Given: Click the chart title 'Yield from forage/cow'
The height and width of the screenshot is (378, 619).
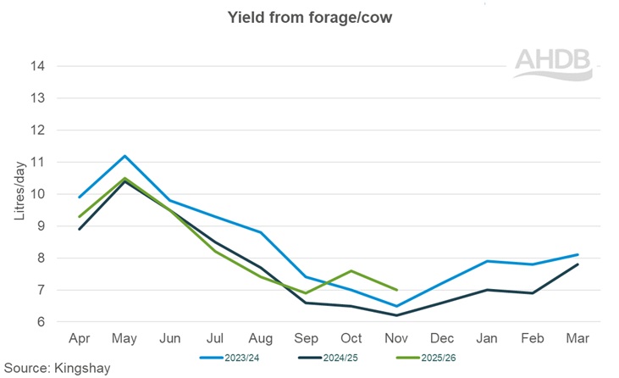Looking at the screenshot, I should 309,17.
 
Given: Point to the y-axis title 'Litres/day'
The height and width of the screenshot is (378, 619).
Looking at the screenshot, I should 19,193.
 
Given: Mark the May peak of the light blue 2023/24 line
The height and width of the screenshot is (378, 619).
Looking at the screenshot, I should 124,156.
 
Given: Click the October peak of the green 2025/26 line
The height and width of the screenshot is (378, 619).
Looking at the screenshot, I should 351,271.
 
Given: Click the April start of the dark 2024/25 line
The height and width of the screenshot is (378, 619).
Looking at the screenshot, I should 79,229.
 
